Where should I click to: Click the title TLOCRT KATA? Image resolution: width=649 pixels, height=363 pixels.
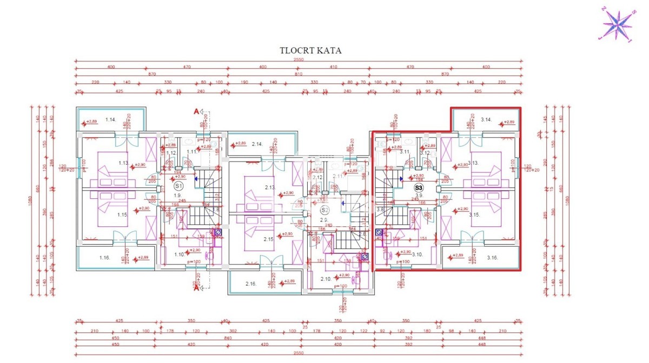(310, 51)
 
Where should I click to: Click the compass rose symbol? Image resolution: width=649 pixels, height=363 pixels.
(617, 24)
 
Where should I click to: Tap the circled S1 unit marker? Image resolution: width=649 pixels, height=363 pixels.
(179, 186)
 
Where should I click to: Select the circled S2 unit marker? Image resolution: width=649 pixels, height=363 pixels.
(325, 210)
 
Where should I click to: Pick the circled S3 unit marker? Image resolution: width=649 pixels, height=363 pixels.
(418, 188)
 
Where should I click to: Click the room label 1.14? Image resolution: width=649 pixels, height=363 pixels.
(111, 119)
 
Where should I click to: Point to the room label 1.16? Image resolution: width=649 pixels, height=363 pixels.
(105, 258)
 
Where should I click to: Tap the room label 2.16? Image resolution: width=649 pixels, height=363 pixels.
(250, 284)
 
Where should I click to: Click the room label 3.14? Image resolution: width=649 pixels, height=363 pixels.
(485, 119)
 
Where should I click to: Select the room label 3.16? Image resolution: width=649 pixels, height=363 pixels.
(492, 258)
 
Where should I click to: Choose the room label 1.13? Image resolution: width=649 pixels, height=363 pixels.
(123, 163)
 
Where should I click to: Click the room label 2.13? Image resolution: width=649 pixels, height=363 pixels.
(270, 187)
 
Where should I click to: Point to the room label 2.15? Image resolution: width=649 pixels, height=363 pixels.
(269, 239)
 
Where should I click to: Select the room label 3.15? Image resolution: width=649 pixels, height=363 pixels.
(474, 214)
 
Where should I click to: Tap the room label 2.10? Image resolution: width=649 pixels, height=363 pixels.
(326, 279)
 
